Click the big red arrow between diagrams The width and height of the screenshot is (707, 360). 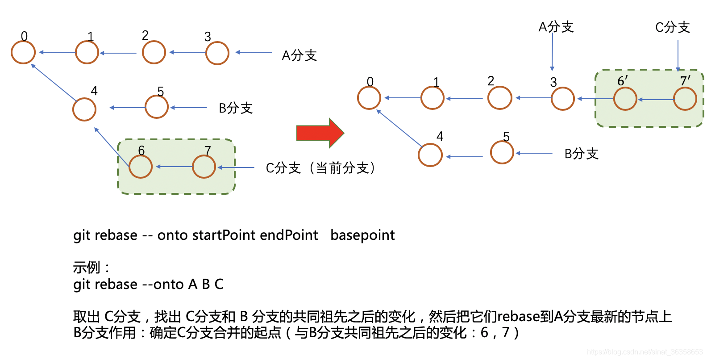coord(320,133)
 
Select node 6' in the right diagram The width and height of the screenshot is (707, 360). coord(625,99)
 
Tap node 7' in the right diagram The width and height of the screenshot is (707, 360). coord(685,99)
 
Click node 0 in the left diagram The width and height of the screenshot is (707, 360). coord(23,52)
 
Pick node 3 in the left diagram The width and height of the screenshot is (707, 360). coord(217,53)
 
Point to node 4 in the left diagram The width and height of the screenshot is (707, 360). coord(84,109)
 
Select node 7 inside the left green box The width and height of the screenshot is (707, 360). coord(204,167)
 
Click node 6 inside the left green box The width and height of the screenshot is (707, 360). coord(141,167)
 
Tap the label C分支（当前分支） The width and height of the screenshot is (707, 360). coord(320,168)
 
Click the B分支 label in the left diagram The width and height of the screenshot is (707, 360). coord(236,108)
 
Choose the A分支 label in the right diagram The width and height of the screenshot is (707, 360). coord(556,27)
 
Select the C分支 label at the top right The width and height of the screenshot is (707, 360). coord(672,27)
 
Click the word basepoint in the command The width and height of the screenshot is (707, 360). coord(362,235)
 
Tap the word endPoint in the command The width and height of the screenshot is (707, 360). coord(289,235)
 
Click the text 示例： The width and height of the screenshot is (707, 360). coord(91,268)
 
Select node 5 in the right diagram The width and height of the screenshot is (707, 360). coord(502,152)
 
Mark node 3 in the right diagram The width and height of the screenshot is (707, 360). coord(562,99)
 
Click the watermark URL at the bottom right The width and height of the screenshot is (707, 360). coord(645,352)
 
